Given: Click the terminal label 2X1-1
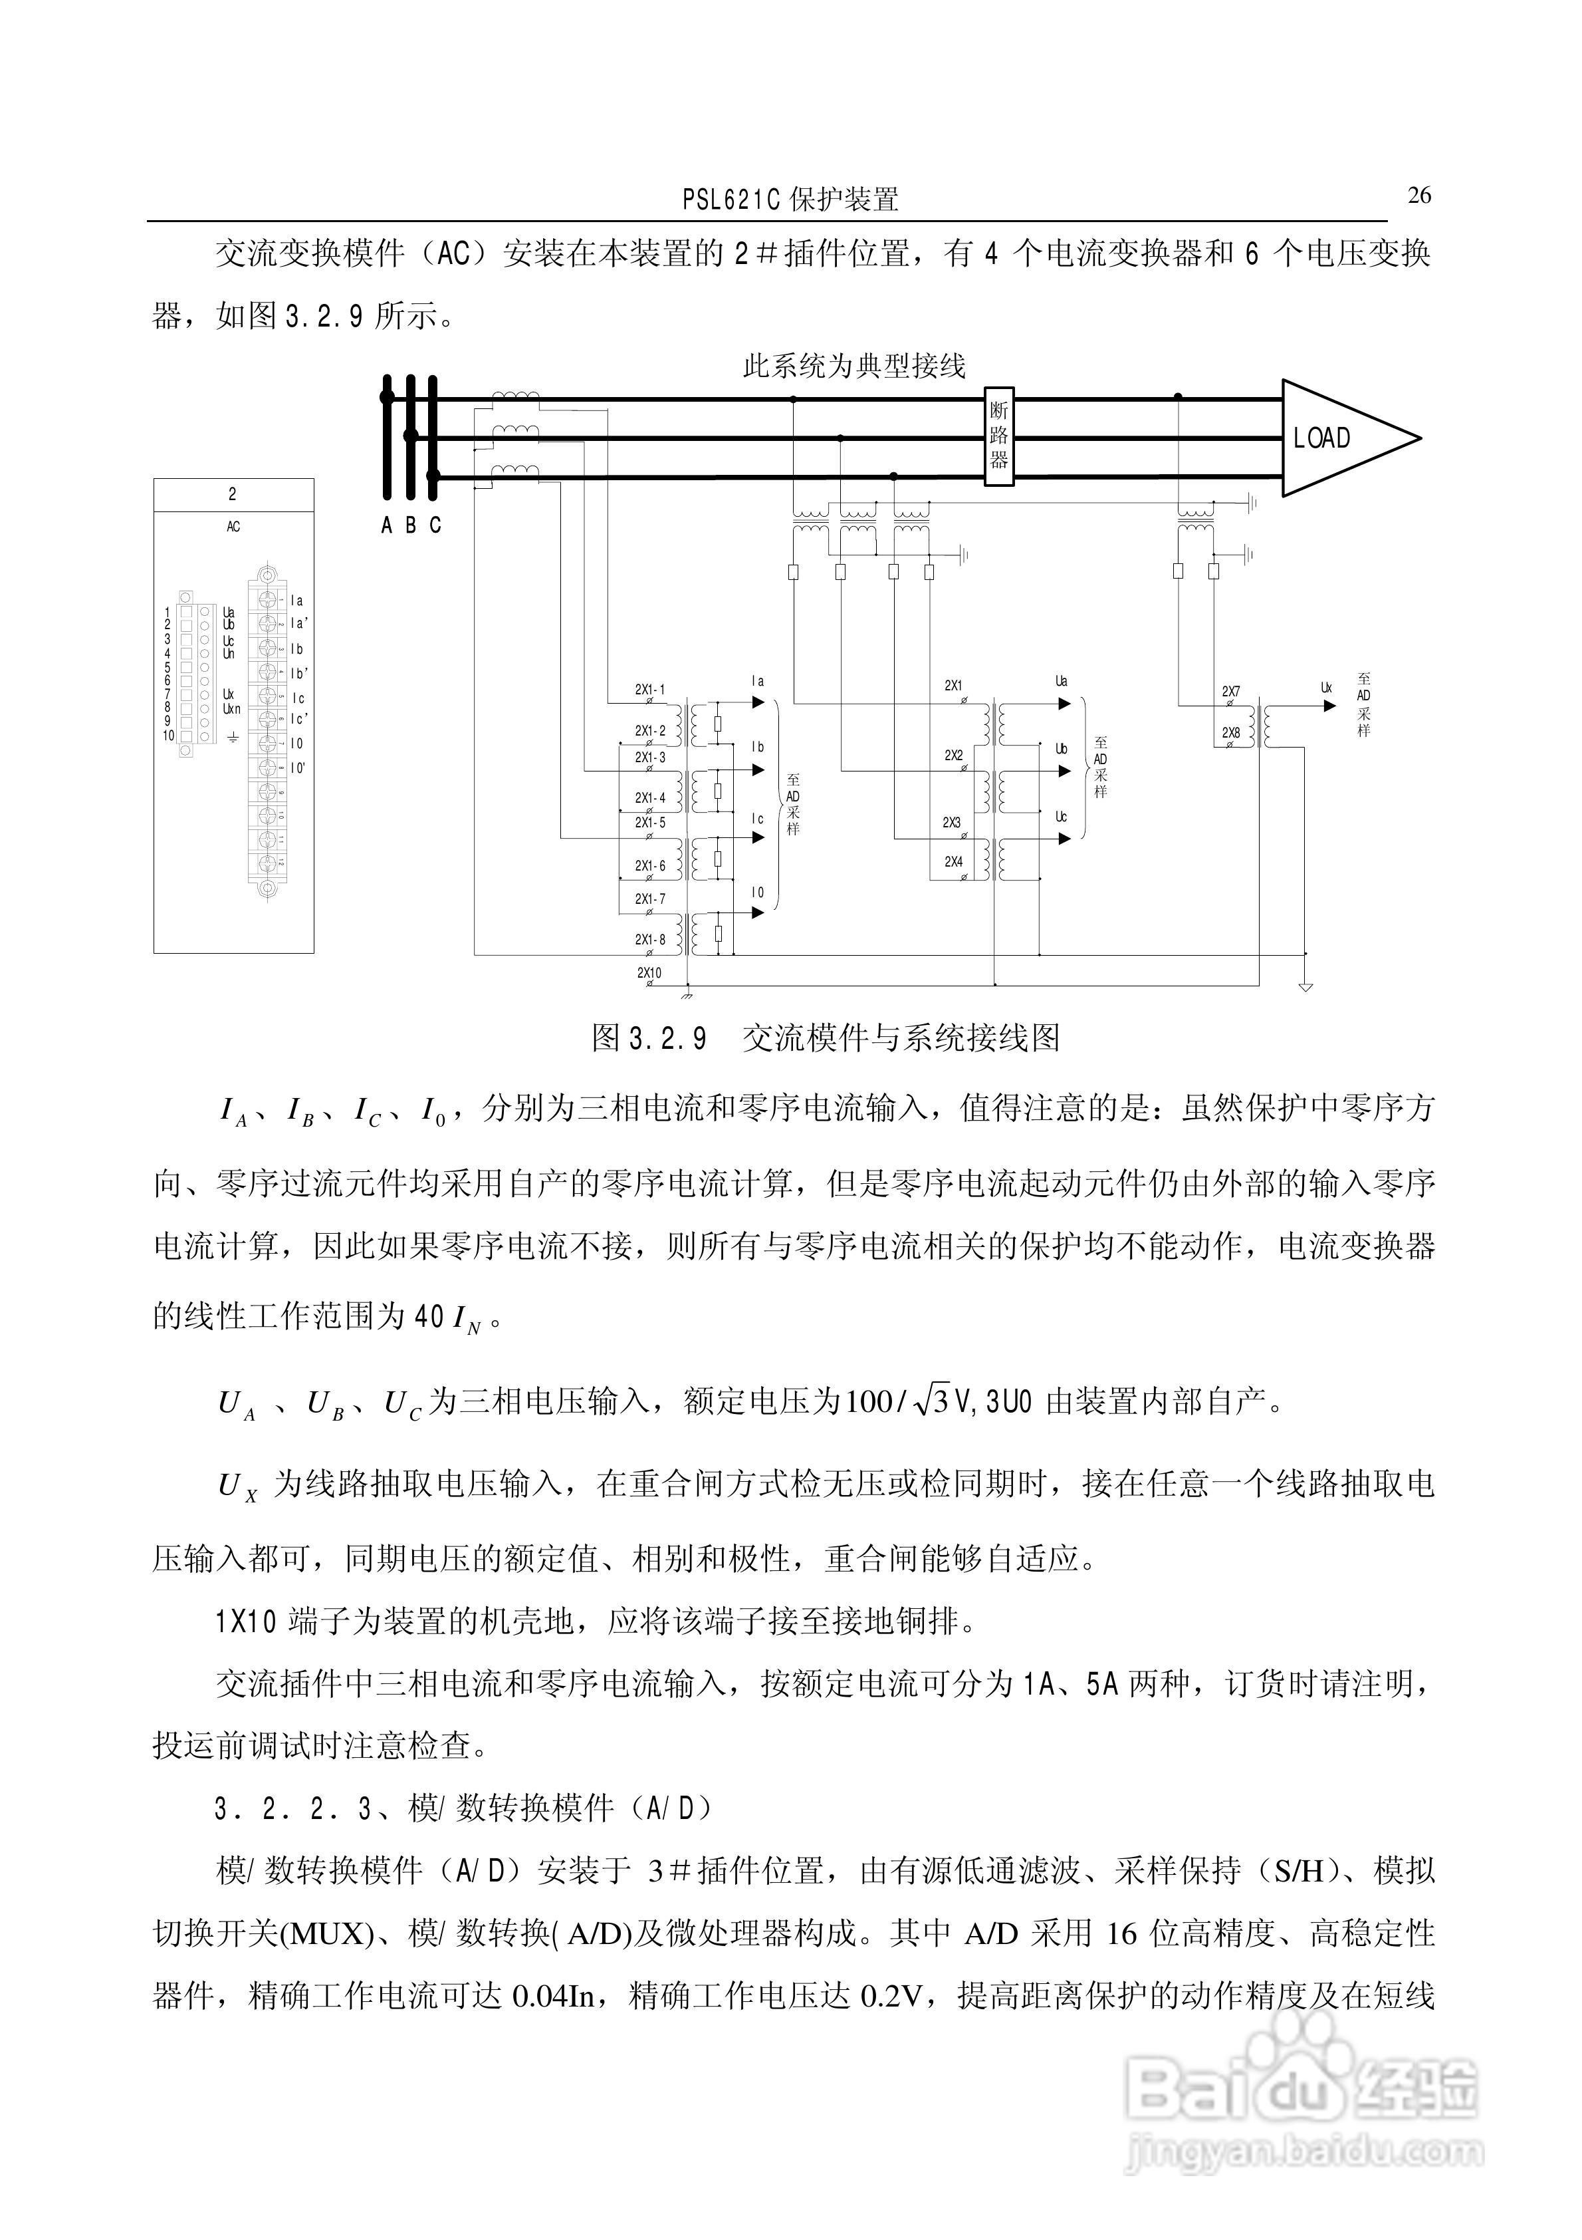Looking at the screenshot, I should (x=649, y=690).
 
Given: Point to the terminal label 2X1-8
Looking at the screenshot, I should (x=649, y=940).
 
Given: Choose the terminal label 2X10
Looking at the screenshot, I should (x=649, y=972).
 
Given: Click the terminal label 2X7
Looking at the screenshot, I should (x=1231, y=692).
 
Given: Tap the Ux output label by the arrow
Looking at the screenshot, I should (x=1327, y=688).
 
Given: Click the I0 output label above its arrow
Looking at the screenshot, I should (x=758, y=893).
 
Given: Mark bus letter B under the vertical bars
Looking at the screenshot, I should (x=411, y=526).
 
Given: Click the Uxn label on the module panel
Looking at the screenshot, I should (x=231, y=709).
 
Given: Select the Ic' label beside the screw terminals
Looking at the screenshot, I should (x=299, y=719).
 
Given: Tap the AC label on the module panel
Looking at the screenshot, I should (x=233, y=527).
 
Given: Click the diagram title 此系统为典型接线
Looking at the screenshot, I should (x=853, y=367).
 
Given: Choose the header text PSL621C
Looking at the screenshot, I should (x=731, y=201).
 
